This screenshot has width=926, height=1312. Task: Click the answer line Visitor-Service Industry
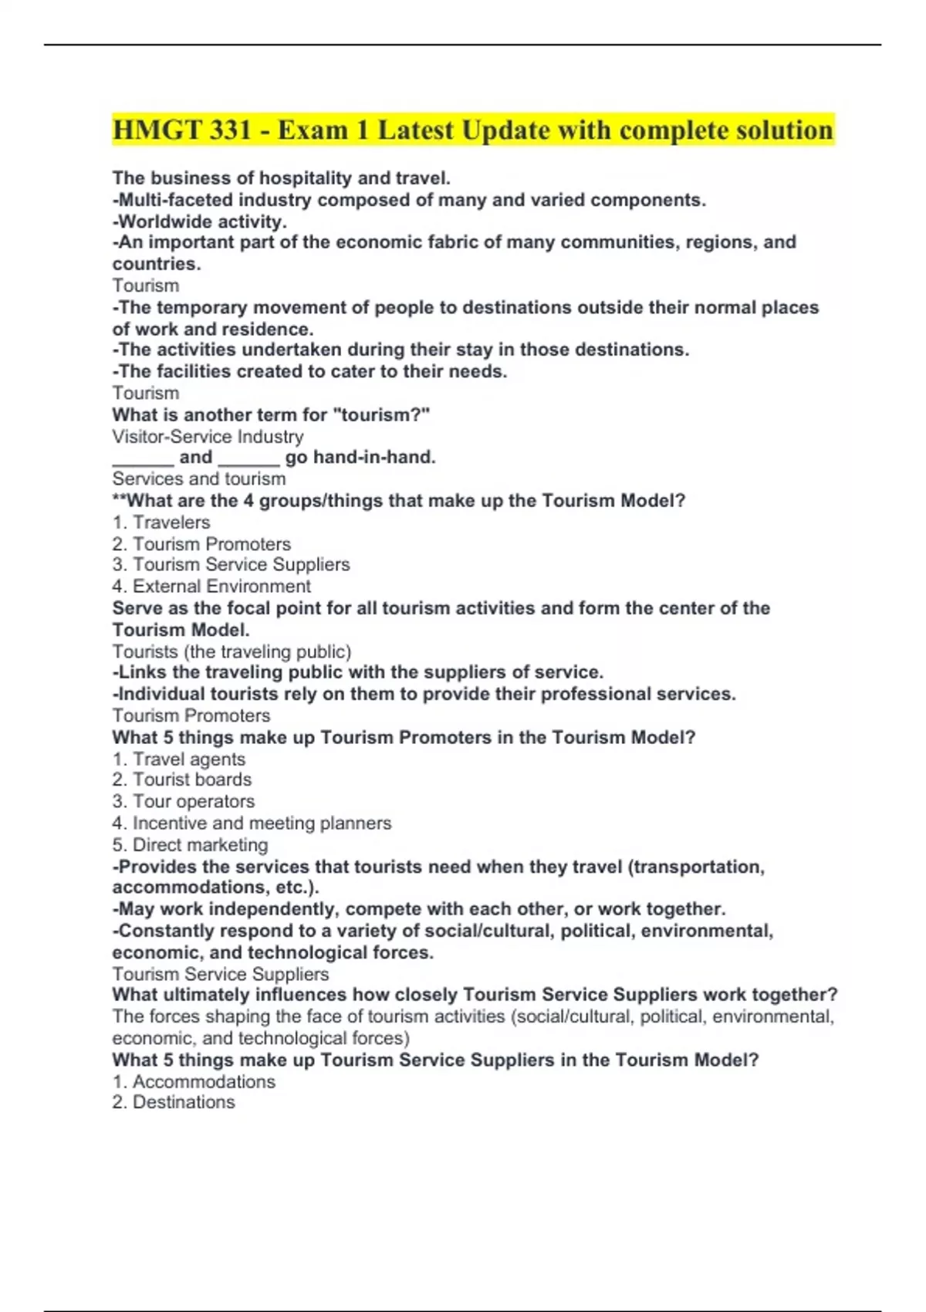[208, 436]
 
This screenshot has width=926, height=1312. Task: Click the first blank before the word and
[143, 458]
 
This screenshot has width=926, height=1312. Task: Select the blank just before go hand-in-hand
[248, 458]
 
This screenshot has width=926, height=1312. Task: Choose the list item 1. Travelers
[161, 522]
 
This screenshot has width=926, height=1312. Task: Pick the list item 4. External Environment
[211, 587]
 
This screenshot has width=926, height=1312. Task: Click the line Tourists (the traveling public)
[231, 651]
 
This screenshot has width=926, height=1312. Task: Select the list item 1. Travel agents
[179, 759]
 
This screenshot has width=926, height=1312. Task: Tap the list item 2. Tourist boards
[182, 780]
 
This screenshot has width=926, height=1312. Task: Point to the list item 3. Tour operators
[184, 802]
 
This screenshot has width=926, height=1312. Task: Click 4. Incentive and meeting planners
[252, 823]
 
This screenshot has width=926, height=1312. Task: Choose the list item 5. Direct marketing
[190, 845]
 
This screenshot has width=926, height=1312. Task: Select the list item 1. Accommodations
[194, 1081]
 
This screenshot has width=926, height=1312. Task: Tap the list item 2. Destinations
[174, 1102]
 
